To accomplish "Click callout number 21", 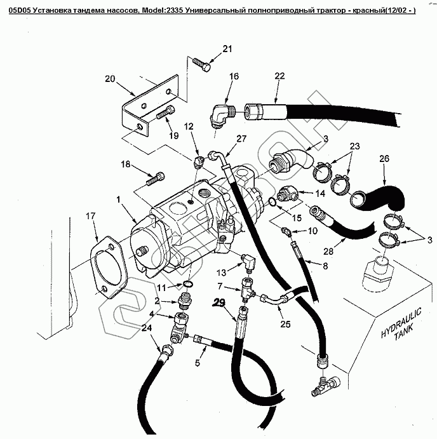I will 228,49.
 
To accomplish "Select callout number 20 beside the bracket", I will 109,79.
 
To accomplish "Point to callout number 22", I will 279,76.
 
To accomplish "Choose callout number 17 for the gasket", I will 91,215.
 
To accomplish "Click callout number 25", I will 285,324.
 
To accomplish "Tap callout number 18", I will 126,165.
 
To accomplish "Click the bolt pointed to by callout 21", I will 201,63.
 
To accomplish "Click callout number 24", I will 146,328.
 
